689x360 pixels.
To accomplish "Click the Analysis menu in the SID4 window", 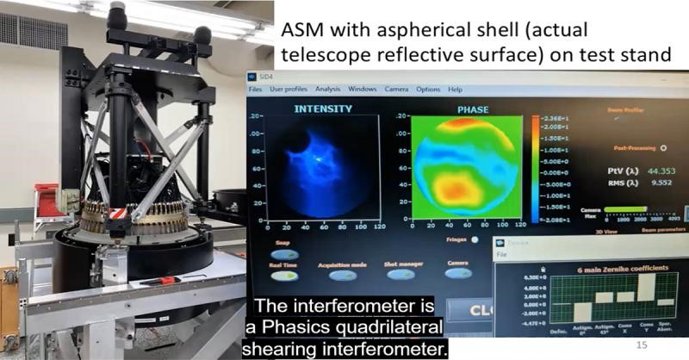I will coord(328,90).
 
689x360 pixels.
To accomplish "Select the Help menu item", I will coord(456,90).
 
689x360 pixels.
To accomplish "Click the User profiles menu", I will coord(289,90).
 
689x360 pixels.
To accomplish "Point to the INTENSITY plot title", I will coord(323,109).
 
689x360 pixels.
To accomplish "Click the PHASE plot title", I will coord(473,109).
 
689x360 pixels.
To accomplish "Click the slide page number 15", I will coord(641,344).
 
